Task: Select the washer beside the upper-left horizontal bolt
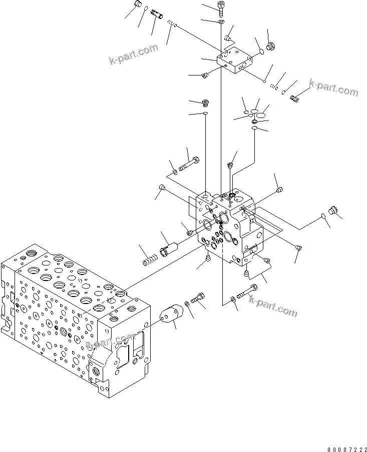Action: [174, 172]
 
